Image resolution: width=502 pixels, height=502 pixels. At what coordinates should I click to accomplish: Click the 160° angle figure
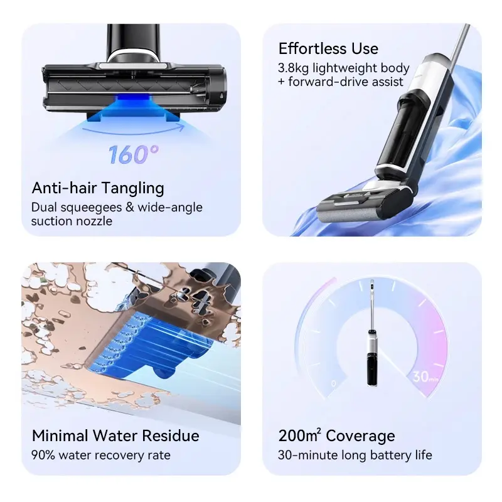(x=134, y=154)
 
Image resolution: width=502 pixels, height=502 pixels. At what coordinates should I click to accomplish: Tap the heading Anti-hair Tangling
(x=98, y=188)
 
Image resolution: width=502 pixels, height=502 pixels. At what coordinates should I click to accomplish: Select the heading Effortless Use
(x=328, y=49)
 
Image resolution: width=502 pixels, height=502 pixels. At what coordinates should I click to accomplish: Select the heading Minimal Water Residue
(x=115, y=435)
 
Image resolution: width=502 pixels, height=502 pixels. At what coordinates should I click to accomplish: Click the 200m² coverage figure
(x=299, y=435)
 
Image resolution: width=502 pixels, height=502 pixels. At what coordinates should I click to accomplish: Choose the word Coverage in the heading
(x=360, y=436)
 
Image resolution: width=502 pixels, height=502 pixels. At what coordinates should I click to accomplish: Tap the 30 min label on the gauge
(x=425, y=376)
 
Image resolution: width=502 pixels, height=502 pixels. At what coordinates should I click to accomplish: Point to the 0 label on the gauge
(x=333, y=383)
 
